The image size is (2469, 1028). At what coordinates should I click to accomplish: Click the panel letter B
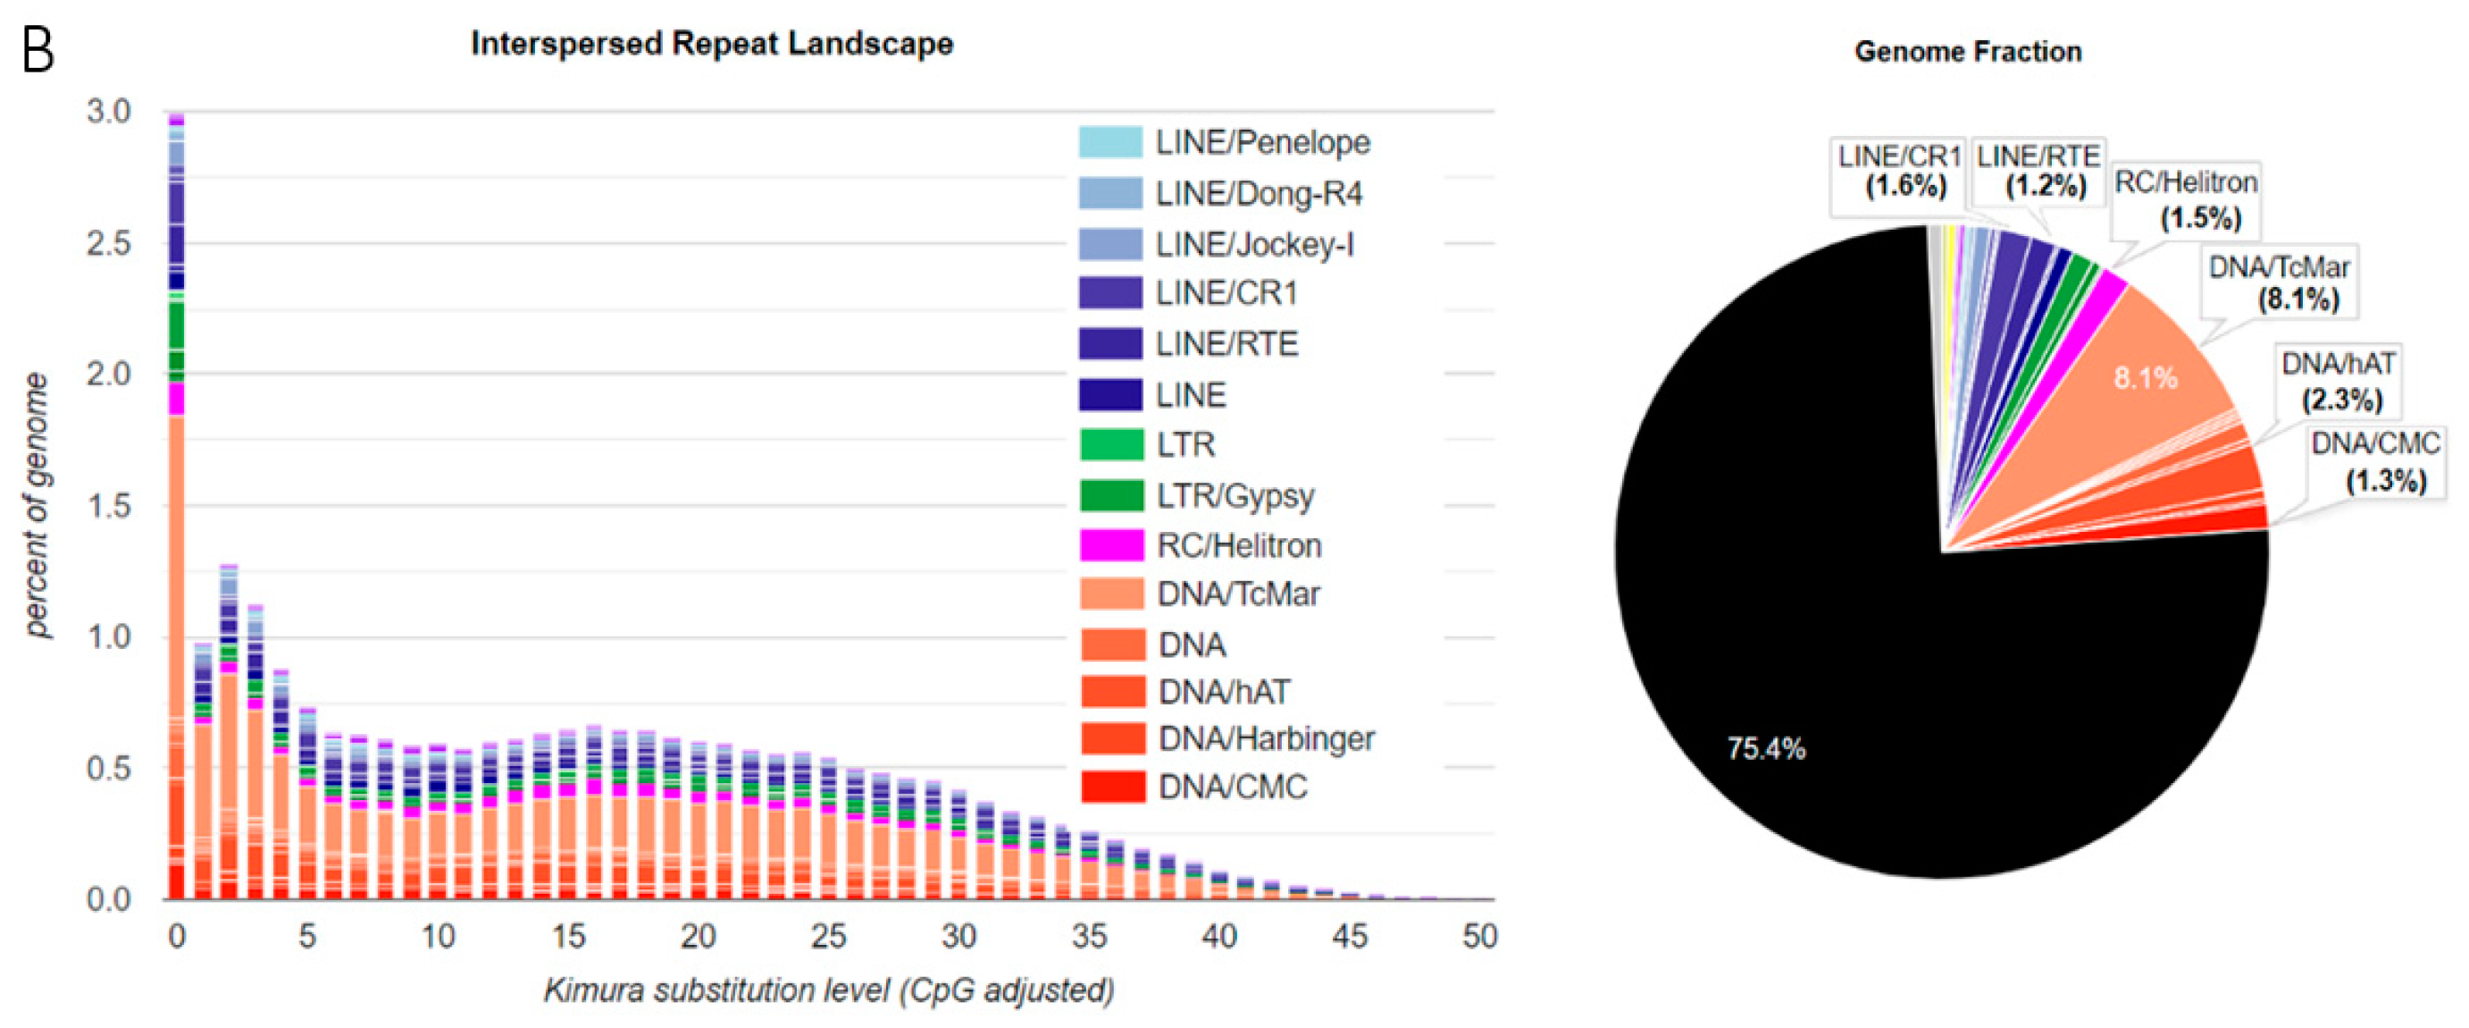click(x=38, y=51)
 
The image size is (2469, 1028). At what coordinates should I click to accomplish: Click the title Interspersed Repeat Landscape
click(x=711, y=44)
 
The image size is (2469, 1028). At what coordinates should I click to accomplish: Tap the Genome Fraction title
click(x=1967, y=52)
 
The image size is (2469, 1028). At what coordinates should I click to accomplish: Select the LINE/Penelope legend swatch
click(x=1110, y=142)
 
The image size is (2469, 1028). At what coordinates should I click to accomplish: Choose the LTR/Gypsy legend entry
click(x=1234, y=496)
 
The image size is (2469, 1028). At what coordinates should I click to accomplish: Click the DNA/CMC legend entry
click(x=1232, y=787)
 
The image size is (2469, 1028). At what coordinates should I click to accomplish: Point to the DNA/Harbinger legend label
click(x=1265, y=738)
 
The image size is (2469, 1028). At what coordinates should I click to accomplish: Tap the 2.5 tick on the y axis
click(x=107, y=243)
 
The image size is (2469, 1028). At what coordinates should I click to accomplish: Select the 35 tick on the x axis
click(x=1089, y=936)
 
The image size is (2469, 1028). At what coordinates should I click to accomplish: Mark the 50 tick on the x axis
click(x=1479, y=936)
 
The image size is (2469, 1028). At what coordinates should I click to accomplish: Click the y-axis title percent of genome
click(x=36, y=504)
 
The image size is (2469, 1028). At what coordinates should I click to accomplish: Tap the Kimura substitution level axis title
click(x=829, y=990)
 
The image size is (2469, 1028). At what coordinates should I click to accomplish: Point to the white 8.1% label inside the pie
click(x=2145, y=378)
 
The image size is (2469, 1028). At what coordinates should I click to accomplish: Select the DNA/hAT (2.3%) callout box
click(x=2339, y=382)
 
